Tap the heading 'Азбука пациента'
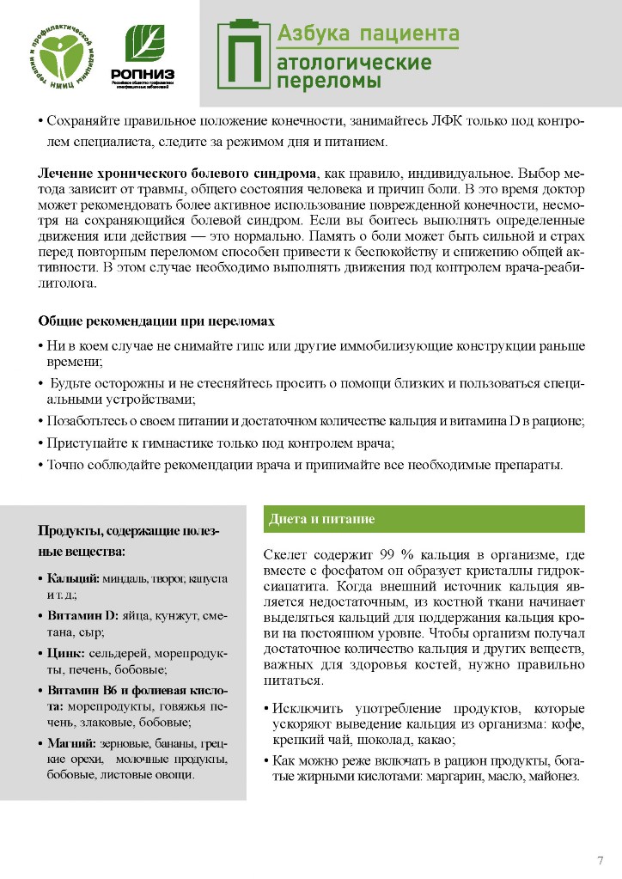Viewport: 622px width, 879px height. tap(368, 34)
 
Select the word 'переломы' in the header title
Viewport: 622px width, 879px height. tap(328, 82)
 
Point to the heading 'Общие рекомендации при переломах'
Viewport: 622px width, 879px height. tap(156, 321)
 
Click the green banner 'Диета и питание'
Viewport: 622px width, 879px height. tap(423, 519)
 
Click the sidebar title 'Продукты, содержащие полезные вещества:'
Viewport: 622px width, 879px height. tap(129, 540)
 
